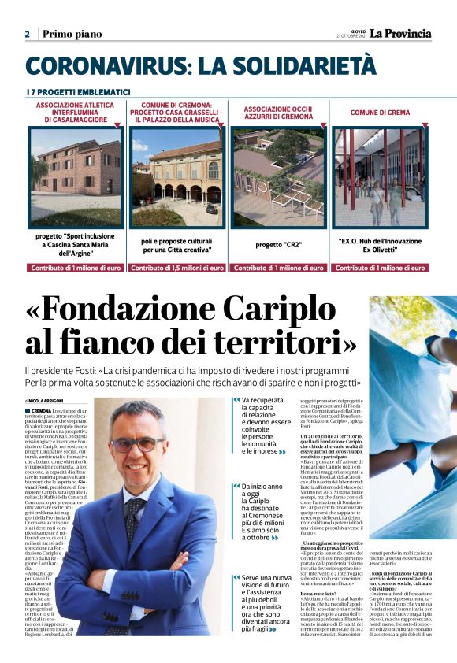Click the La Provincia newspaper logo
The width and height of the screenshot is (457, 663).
pyautogui.click(x=401, y=33)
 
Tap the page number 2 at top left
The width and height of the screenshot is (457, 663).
pyautogui.click(x=27, y=34)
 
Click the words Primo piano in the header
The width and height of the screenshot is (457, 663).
pyautogui.click(x=72, y=34)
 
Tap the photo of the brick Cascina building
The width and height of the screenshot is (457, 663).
pyautogui.click(x=76, y=169)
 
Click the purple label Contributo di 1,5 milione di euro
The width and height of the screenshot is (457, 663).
pyautogui.click(x=177, y=269)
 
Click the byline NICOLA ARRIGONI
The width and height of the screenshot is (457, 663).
pyautogui.click(x=49, y=402)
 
